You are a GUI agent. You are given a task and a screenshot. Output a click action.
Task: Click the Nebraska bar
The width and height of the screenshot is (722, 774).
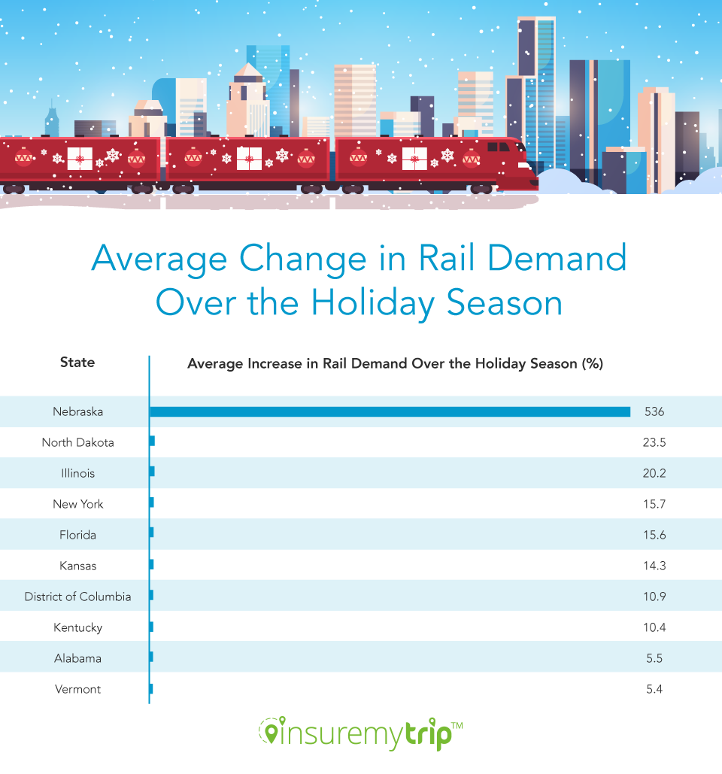pos(390,411)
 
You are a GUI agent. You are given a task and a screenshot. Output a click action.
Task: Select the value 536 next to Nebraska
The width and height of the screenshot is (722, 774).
pos(654,412)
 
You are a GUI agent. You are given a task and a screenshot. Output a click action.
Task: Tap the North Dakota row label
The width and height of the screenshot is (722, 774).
pos(78,442)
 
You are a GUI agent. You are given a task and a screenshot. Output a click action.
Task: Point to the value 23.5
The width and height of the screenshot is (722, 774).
pos(654,443)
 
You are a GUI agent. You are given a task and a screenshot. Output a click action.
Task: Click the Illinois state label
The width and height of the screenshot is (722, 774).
pos(78,473)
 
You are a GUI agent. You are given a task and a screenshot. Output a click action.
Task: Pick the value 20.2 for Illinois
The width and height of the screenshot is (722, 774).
pos(654,474)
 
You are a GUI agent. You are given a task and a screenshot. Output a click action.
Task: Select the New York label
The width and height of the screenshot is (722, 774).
pos(78,504)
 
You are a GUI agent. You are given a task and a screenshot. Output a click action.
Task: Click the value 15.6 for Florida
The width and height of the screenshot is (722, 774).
pos(654,536)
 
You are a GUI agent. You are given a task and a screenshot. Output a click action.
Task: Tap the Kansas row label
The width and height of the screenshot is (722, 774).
pos(78,566)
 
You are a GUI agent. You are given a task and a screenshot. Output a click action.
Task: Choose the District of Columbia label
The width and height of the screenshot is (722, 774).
pos(77,596)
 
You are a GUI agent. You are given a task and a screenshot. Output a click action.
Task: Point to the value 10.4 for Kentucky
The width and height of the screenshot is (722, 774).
pos(654,628)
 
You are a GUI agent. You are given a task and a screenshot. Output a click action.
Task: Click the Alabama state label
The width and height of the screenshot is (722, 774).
pos(78,658)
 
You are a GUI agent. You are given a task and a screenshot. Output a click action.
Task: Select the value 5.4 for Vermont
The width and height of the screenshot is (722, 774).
pos(654,690)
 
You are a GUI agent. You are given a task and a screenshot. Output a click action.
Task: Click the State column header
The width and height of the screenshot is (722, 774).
pos(77,363)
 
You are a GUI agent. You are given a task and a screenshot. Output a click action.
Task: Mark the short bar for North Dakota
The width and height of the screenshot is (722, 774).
pos(152,442)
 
